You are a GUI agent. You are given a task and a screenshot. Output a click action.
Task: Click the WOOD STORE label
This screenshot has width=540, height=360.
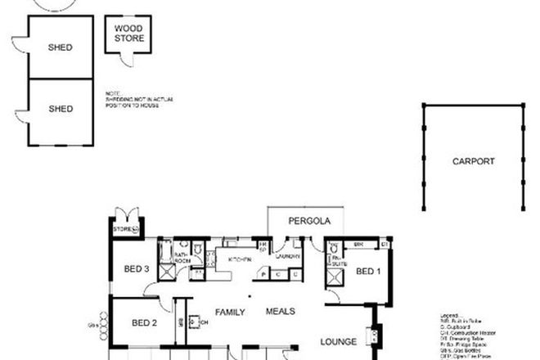[x=128, y=34]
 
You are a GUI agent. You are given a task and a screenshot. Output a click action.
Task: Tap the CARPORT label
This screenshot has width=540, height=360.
[x=474, y=162]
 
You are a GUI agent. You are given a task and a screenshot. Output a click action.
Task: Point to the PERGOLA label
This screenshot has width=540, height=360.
[x=308, y=221]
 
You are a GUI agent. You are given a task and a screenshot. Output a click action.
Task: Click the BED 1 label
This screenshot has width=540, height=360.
[x=369, y=271]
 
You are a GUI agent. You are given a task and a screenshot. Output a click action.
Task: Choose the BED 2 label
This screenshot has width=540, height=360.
[x=144, y=323]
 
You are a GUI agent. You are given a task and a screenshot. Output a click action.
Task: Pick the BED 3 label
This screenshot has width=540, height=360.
[x=137, y=269]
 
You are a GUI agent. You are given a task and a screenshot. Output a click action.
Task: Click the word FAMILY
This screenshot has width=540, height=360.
[x=231, y=312]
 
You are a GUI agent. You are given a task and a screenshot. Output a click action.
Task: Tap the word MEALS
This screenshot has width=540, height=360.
[x=281, y=312]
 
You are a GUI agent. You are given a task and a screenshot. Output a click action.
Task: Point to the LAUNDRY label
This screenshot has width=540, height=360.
[x=288, y=257]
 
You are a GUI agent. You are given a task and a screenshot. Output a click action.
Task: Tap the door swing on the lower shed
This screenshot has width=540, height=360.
[x=20, y=119]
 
